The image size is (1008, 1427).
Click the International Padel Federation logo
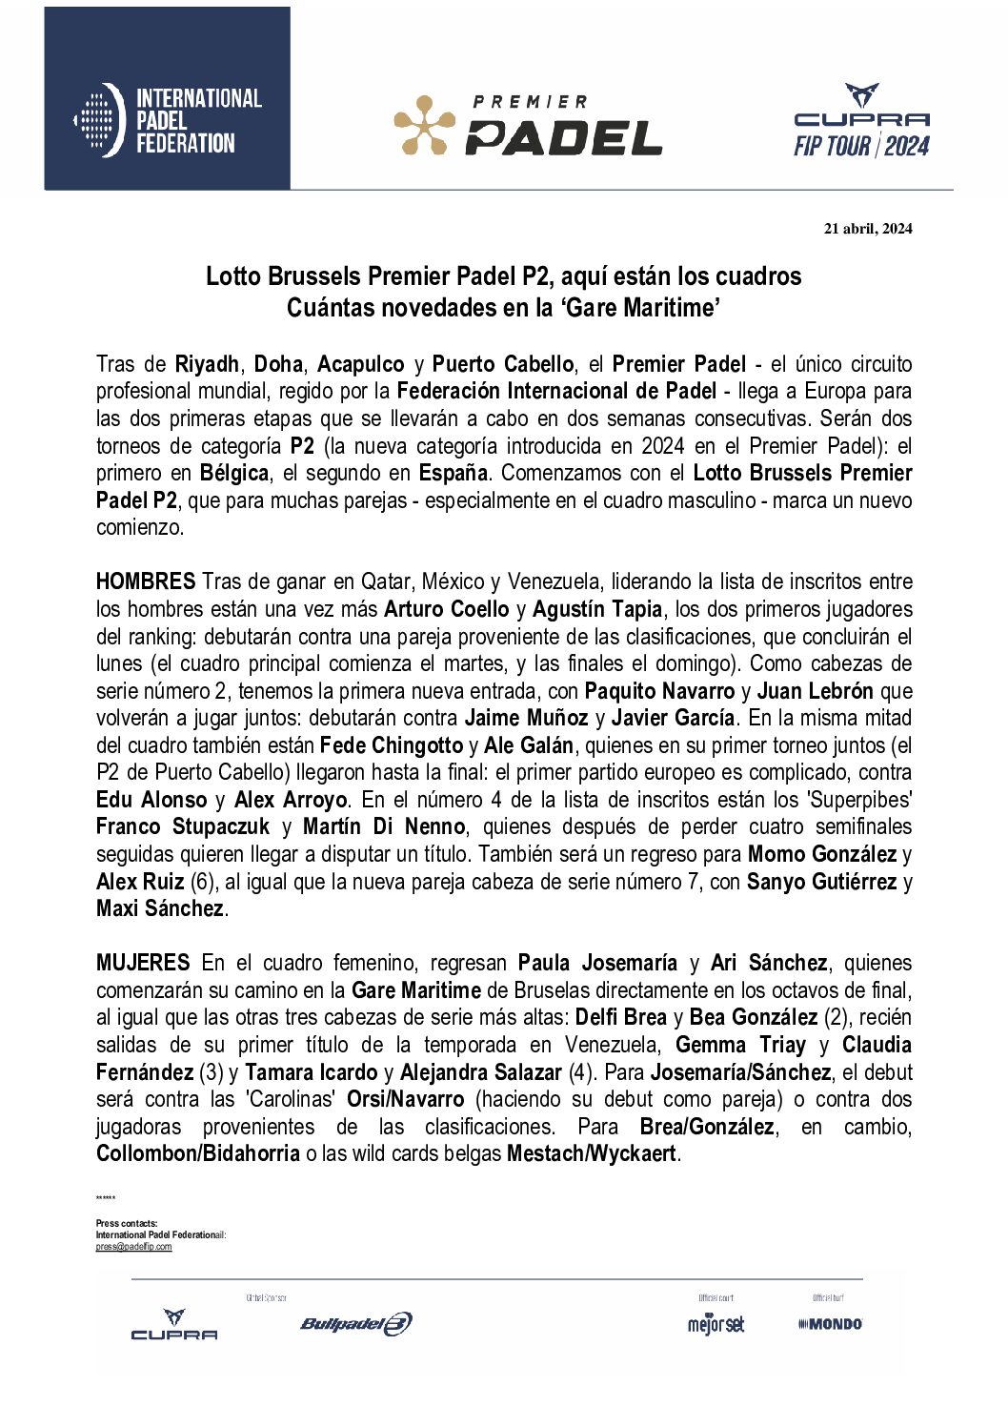tap(168, 120)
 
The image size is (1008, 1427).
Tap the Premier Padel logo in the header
tap(529, 125)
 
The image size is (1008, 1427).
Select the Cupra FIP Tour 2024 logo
tap(861, 121)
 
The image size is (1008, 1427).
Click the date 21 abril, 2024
tap(867, 228)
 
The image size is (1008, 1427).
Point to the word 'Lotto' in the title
tap(233, 276)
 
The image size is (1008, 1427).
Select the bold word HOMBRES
tap(146, 581)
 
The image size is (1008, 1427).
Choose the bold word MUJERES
tap(143, 963)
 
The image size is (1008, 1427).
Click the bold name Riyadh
tap(207, 364)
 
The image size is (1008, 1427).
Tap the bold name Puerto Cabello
tap(502, 364)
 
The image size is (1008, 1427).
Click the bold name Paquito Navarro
tap(659, 691)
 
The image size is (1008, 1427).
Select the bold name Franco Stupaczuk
tap(183, 826)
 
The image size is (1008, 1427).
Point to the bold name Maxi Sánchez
tap(160, 908)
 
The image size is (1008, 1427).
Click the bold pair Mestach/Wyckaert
tap(591, 1153)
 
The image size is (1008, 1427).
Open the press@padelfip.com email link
tap(133, 1247)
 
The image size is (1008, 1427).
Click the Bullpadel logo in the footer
tap(356, 1323)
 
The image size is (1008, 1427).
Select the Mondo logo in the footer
tap(830, 1323)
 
